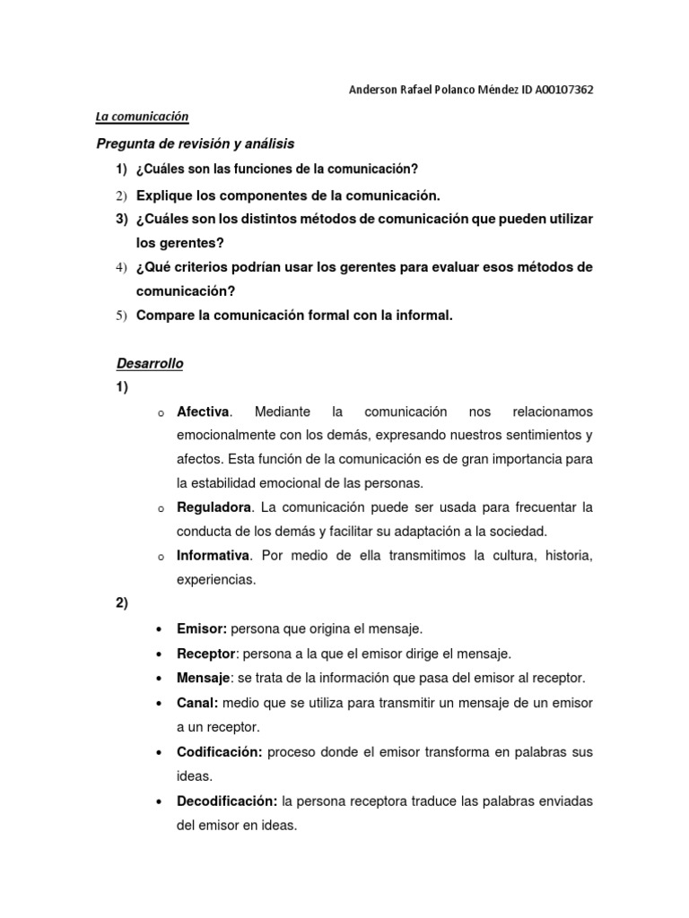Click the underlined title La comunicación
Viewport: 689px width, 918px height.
[x=142, y=116]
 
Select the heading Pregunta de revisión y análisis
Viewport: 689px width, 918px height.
[x=195, y=143]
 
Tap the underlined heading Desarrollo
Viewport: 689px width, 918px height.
[x=150, y=363]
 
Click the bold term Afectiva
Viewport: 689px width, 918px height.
[x=204, y=411]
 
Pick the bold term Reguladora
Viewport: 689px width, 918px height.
[x=214, y=507]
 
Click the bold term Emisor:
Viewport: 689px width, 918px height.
[x=202, y=628]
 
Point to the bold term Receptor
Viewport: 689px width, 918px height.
[x=206, y=653]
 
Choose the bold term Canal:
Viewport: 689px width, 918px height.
[x=198, y=702]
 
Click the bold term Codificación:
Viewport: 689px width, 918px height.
[x=220, y=751]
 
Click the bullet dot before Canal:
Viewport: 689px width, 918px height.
[x=159, y=702]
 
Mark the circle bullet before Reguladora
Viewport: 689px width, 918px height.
[x=159, y=509]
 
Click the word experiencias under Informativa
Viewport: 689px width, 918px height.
[x=216, y=579]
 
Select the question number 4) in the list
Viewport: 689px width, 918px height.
[x=122, y=268]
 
